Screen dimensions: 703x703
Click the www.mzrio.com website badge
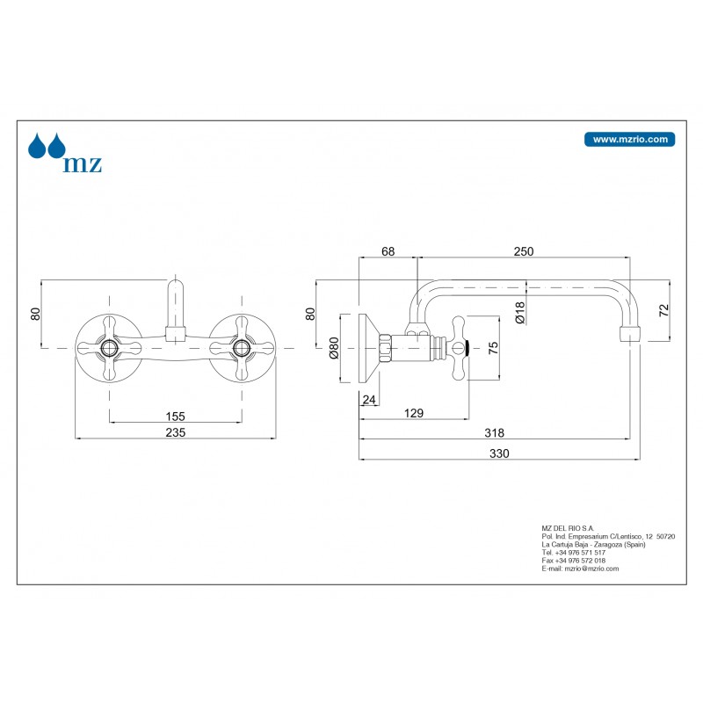tap(629, 139)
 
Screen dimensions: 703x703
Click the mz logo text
tap(82, 163)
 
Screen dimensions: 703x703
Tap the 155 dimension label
tap(175, 417)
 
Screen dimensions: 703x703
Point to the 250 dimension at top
tap(524, 251)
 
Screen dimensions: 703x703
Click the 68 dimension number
tap(388, 251)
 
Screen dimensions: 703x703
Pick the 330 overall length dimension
tap(499, 453)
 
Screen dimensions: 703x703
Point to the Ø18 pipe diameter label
tap(520, 314)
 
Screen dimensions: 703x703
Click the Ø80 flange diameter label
tap(334, 349)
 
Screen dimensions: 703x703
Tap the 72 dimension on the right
tap(664, 309)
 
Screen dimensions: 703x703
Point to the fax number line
tap(574, 561)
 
